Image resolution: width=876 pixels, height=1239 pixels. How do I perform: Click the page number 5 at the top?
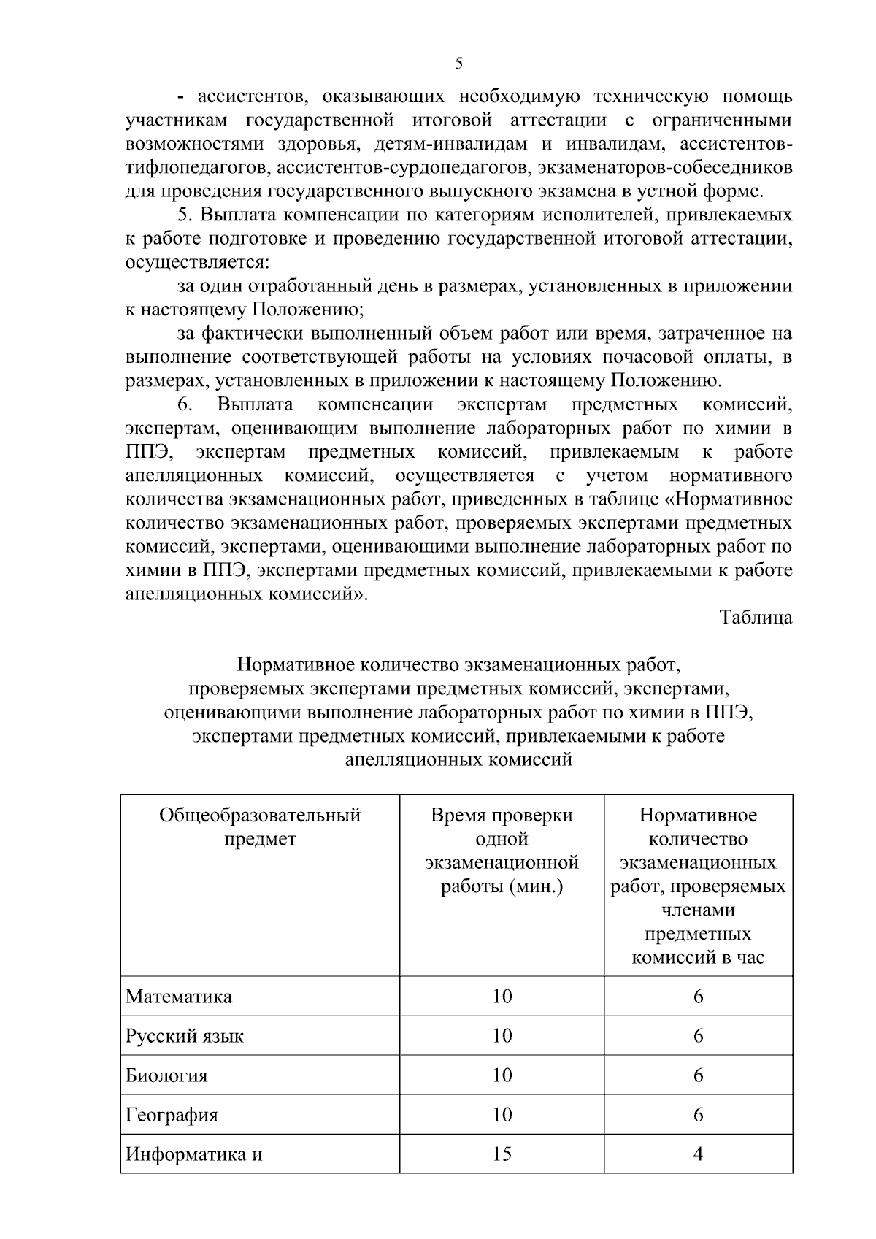[x=458, y=64]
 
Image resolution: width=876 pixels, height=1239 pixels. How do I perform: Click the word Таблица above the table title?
[x=756, y=617]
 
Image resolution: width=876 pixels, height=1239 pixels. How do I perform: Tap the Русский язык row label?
[x=185, y=1035]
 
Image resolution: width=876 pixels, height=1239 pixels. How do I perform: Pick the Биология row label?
[x=166, y=1075]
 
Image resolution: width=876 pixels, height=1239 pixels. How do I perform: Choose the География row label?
[x=172, y=1115]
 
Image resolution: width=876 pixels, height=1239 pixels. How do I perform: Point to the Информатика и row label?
[x=193, y=1154]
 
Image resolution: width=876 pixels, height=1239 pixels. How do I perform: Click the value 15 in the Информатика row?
[x=502, y=1154]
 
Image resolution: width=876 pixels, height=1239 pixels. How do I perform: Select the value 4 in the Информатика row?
[x=698, y=1154]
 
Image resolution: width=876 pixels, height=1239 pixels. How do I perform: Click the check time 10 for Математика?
[x=502, y=996]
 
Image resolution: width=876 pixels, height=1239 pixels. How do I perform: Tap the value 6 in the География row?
[x=698, y=1115]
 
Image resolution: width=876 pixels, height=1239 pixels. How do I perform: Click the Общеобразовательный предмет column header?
[x=260, y=826]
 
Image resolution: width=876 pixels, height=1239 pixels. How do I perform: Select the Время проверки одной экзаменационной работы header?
[x=502, y=851]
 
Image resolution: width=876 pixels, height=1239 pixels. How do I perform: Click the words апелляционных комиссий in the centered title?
[x=458, y=759]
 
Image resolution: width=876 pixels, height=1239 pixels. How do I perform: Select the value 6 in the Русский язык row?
[x=698, y=1035]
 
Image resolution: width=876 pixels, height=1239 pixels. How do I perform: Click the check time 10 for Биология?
[x=502, y=1075]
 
